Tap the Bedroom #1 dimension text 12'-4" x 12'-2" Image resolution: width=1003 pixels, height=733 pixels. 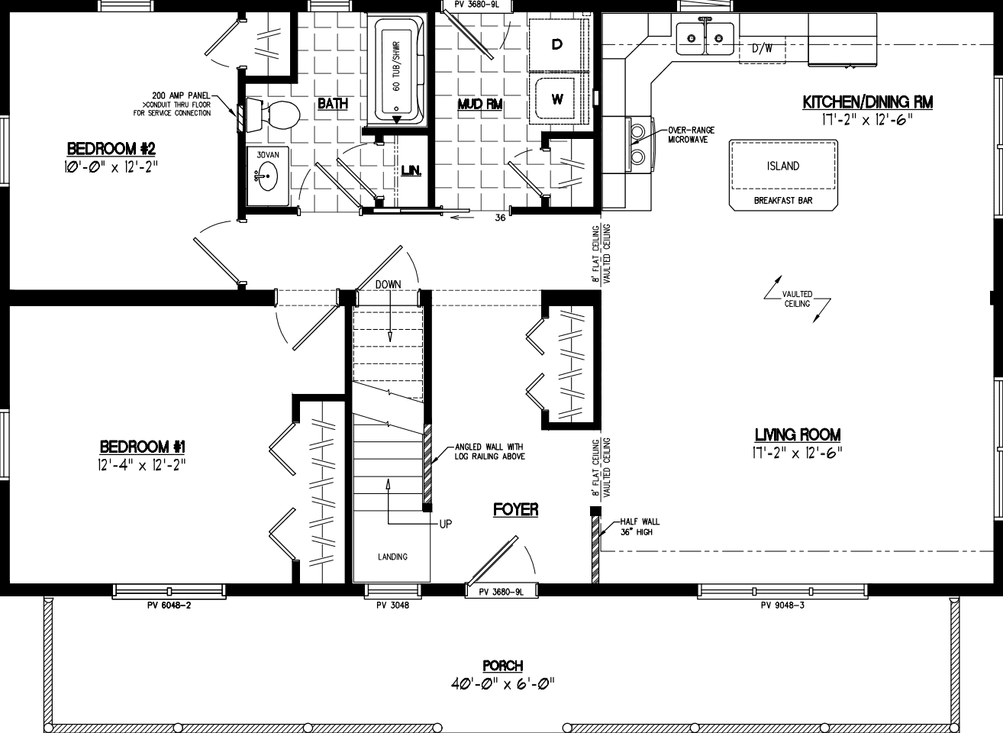(x=142, y=464)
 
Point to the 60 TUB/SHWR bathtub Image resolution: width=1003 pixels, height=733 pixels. (x=397, y=70)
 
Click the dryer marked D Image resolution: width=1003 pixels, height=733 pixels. (x=557, y=45)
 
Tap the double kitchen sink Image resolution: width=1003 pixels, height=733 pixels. (x=704, y=37)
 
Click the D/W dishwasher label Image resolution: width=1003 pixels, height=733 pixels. (x=762, y=49)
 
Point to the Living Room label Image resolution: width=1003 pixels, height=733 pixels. (x=797, y=434)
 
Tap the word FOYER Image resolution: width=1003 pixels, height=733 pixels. (x=515, y=509)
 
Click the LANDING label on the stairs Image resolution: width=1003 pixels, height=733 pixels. (x=392, y=557)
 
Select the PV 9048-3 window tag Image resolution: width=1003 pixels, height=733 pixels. (x=782, y=605)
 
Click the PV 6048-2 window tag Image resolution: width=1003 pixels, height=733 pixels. (x=168, y=605)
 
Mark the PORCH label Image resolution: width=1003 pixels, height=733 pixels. (x=502, y=666)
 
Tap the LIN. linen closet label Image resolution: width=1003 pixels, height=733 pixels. (x=411, y=170)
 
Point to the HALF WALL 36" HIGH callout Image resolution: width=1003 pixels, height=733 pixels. (x=634, y=527)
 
